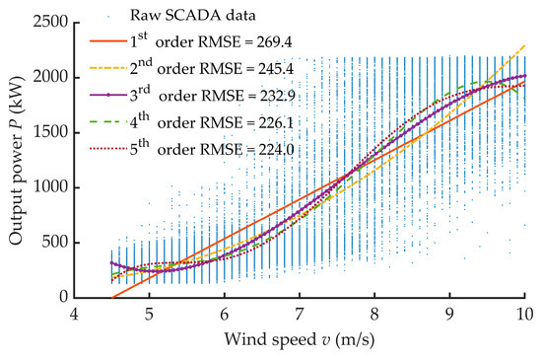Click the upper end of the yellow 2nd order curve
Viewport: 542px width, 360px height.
click(x=525, y=44)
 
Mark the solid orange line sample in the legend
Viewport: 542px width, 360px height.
click(x=110, y=42)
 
